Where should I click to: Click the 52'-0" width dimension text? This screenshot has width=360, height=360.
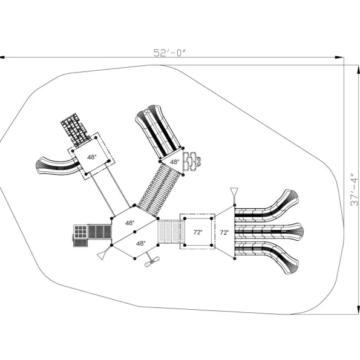169,53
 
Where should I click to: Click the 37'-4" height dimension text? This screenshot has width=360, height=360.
354,192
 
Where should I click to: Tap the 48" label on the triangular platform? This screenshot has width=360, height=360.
174,162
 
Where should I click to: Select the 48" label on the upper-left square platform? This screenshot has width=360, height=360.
92,157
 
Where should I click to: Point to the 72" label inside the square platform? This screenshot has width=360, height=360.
198,232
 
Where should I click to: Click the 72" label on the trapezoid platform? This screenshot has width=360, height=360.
224,232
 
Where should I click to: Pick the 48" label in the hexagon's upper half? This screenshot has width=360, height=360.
130,223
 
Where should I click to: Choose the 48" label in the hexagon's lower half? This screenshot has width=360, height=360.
141,243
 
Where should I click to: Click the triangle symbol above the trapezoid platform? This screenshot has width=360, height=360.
234,191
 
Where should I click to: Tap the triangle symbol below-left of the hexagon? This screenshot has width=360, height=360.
102,255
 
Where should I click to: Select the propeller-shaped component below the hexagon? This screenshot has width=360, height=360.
152,261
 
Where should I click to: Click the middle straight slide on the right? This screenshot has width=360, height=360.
269,231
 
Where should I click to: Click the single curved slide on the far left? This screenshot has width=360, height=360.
58,166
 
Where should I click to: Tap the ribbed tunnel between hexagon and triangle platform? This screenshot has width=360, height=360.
159,189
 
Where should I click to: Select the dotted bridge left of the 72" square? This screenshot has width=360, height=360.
171,232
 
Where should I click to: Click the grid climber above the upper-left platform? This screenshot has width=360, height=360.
75,130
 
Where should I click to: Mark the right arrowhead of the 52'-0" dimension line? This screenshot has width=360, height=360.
339,57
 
